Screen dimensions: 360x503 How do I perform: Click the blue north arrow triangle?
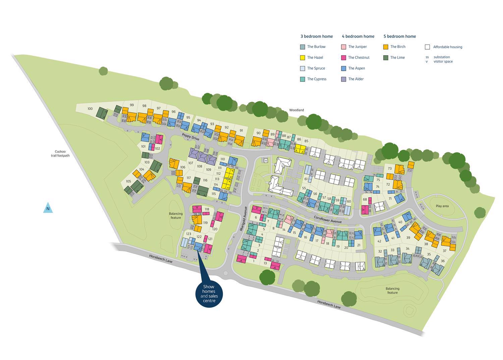(48, 208)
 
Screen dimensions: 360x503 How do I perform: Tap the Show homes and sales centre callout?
(209, 293)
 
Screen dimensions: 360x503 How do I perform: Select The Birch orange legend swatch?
(386, 47)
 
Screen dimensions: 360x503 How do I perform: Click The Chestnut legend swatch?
(344, 58)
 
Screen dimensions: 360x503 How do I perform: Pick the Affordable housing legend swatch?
(427, 47)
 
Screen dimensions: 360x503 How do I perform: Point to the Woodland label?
(296, 110)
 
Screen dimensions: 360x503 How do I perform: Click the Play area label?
(442, 206)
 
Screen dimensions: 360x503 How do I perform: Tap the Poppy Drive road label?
(190, 137)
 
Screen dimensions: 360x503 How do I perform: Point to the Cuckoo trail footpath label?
(60, 153)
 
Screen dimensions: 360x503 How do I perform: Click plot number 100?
(90, 109)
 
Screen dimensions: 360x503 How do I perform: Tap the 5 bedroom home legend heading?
(399, 36)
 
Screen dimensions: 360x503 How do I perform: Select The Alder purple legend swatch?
(344, 79)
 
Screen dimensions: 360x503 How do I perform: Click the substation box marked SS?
(266, 161)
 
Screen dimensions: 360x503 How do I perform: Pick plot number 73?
(390, 169)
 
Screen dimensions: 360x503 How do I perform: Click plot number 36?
(443, 261)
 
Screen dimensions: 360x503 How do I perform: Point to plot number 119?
(205, 223)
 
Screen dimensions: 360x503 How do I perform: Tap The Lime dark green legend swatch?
(386, 58)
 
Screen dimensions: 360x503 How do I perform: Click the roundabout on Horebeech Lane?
(225, 273)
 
